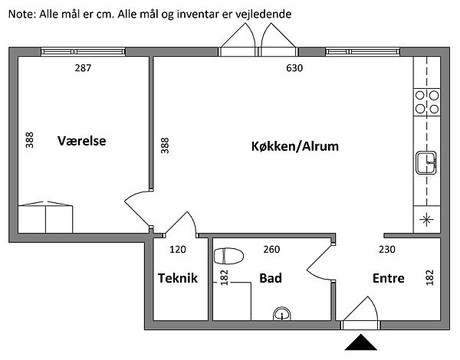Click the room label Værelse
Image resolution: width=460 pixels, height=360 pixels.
click(82, 142)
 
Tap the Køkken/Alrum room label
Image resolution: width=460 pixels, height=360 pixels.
click(294, 146)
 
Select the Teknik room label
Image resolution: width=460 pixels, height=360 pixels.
click(178, 279)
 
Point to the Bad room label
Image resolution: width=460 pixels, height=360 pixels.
click(271, 279)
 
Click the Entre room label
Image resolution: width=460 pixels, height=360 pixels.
click(389, 279)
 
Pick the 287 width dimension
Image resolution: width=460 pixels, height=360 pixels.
click(83, 68)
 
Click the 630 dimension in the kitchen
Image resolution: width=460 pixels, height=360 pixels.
click(294, 68)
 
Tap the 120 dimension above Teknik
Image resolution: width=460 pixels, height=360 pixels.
click(178, 249)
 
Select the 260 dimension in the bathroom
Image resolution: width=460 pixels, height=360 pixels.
click(271, 249)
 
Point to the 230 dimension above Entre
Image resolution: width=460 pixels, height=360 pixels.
click(388, 249)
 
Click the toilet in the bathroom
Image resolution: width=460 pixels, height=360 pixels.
click(228, 255)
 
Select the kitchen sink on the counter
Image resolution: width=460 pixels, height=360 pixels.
click(426, 162)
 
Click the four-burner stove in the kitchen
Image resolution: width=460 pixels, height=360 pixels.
click(427, 102)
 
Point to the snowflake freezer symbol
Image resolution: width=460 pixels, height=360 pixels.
click(426, 220)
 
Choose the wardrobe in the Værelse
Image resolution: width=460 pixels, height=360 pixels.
click(45, 218)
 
